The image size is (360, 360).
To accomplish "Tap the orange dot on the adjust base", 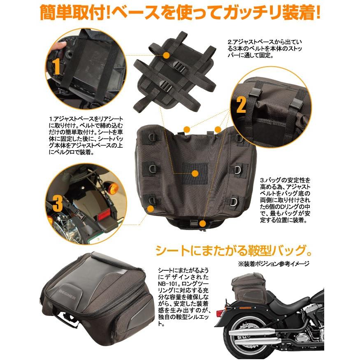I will pos(166,55).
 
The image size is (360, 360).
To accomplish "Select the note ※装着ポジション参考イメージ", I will pos(273,264).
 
